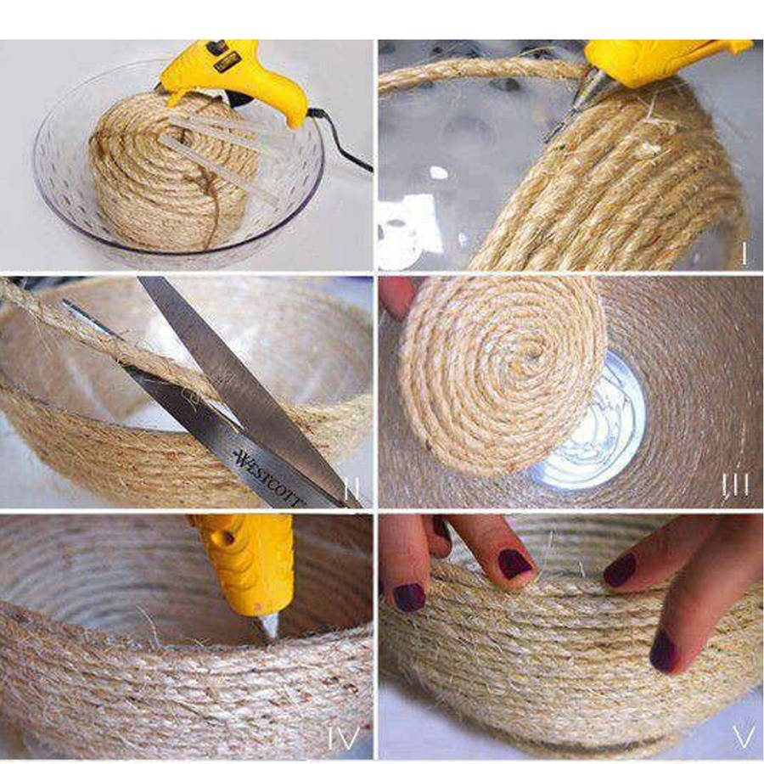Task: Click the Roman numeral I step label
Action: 744,253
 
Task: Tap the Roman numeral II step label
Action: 351,489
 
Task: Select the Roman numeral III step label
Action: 735,486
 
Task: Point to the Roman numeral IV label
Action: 344,739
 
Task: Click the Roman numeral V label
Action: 743,737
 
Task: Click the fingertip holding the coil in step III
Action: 396,297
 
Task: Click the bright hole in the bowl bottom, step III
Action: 592,429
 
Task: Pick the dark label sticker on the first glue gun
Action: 225,62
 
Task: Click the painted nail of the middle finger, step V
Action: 514,564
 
